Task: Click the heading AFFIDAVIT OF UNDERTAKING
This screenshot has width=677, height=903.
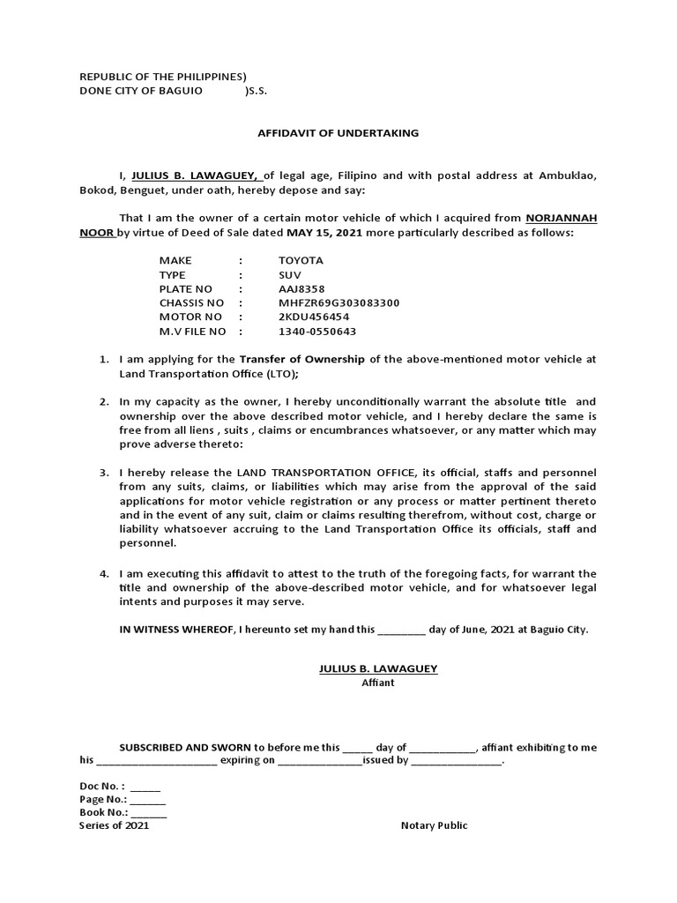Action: (338, 133)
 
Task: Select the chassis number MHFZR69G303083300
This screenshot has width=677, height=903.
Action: (338, 302)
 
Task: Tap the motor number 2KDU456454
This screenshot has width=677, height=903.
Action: (314, 317)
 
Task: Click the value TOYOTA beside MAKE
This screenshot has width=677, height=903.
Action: (301, 260)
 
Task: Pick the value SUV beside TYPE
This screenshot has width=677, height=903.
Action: (289, 274)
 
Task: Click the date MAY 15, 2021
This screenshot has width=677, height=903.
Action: (324, 233)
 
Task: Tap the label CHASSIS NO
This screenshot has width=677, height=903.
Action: (191, 302)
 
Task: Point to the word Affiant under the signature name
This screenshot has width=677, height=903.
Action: (378, 683)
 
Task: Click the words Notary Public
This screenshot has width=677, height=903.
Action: (434, 825)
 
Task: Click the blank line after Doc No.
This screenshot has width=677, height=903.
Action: (145, 786)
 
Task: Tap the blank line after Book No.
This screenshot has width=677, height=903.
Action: (149, 812)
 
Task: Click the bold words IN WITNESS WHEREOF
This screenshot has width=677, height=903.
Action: (181, 631)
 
